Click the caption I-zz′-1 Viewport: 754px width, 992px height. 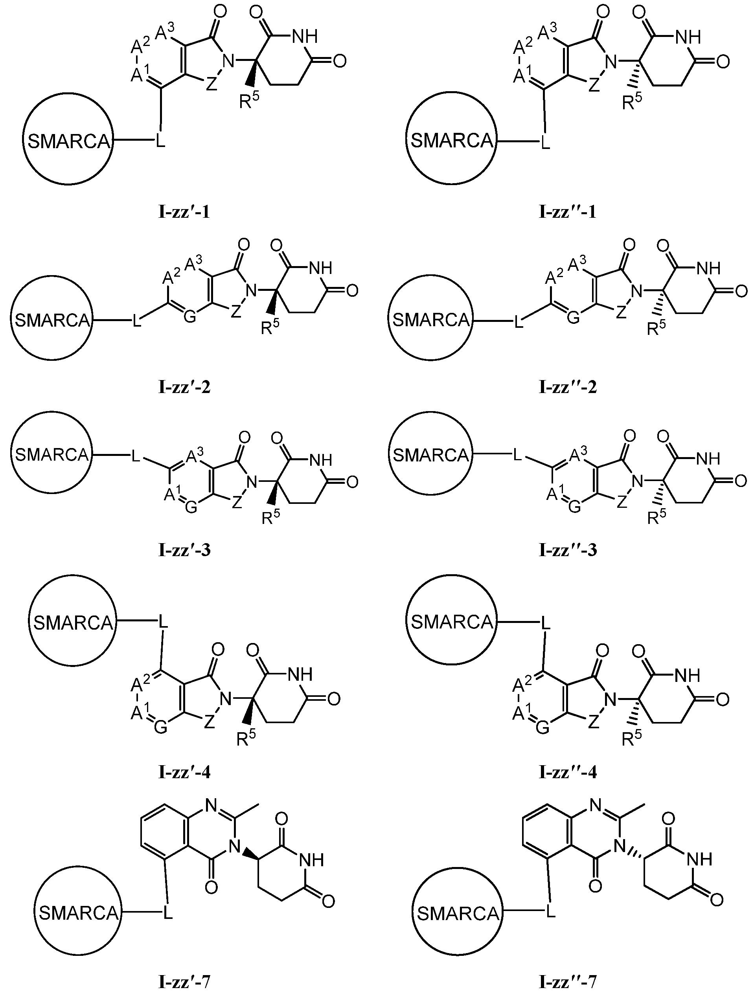pos(184,212)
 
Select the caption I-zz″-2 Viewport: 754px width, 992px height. pos(568,387)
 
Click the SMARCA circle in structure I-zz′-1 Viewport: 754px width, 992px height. pos(68,140)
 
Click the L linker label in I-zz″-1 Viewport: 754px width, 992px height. pos(545,143)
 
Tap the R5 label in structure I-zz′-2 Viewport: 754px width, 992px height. pos(269,327)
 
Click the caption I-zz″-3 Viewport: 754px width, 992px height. pos(568,550)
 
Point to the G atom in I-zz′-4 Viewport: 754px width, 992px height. pos(160,728)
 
